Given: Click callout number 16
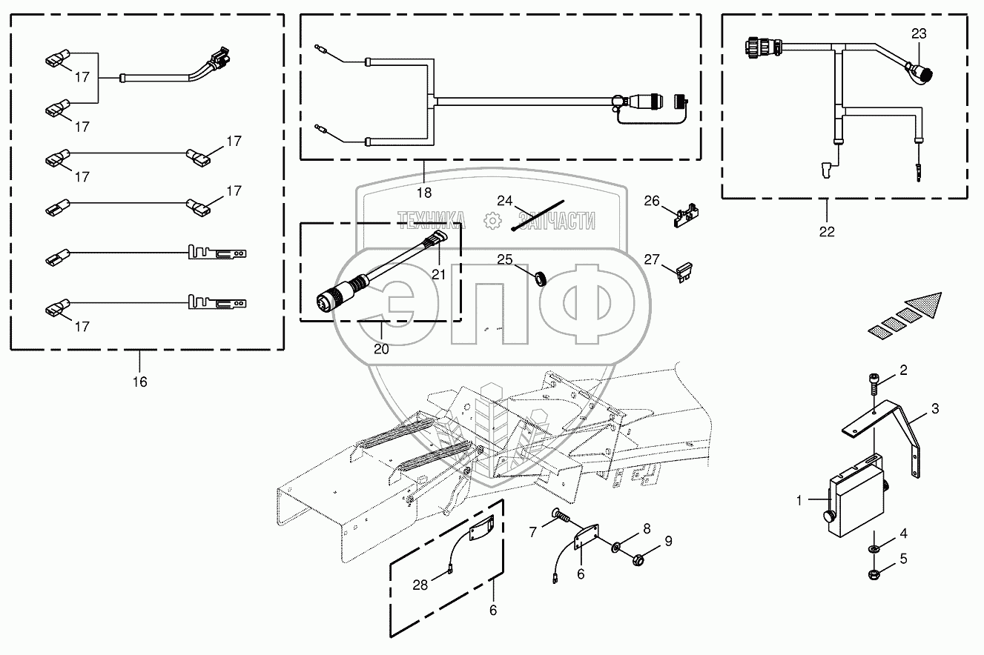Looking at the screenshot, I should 139,382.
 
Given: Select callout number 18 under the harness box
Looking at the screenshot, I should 423,193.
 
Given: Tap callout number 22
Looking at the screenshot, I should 827,231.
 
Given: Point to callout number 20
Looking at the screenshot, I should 381,350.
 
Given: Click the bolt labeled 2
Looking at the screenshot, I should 874,387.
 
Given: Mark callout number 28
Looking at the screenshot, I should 420,585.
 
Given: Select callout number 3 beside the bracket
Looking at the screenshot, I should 935,408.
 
